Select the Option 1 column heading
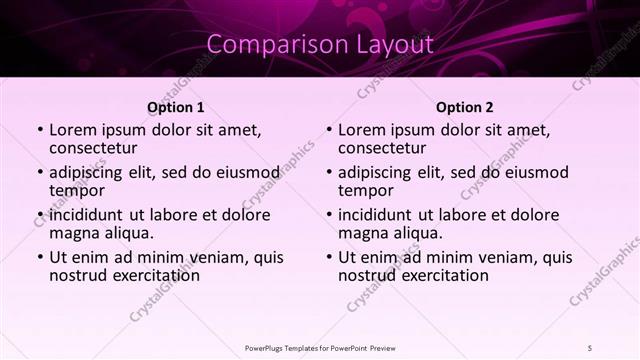point(176,107)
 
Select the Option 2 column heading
point(465,107)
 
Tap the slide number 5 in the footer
point(591,348)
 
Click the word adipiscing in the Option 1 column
point(91,171)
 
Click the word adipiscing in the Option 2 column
point(380,171)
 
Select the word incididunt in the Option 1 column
point(87,214)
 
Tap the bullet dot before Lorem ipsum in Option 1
point(40,130)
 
